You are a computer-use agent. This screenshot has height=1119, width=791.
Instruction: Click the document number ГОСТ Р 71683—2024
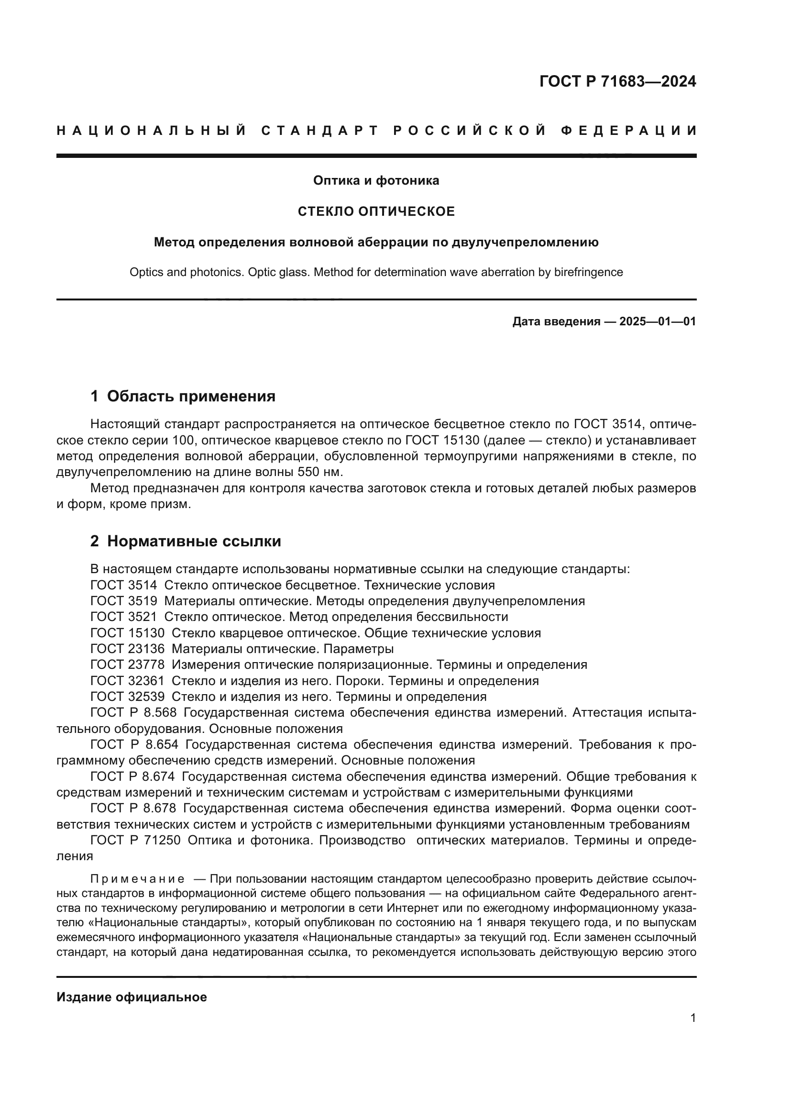pos(617,81)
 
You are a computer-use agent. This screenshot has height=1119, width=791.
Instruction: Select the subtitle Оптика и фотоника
pos(376,181)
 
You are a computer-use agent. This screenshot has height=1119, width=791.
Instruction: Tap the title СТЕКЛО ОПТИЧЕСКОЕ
pos(376,211)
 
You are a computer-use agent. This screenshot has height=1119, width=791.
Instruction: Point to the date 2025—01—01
pos(658,321)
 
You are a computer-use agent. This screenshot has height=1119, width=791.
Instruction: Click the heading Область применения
pos(191,396)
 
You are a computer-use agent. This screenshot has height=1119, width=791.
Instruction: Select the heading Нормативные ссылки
pos(194,541)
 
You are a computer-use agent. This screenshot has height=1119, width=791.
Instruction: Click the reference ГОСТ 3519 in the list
pos(124,601)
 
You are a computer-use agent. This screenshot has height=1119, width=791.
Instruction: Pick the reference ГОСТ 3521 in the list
pos(124,617)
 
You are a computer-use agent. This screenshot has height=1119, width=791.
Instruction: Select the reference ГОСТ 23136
pos(128,649)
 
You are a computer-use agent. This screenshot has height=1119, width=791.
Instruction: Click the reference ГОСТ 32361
pos(128,681)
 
